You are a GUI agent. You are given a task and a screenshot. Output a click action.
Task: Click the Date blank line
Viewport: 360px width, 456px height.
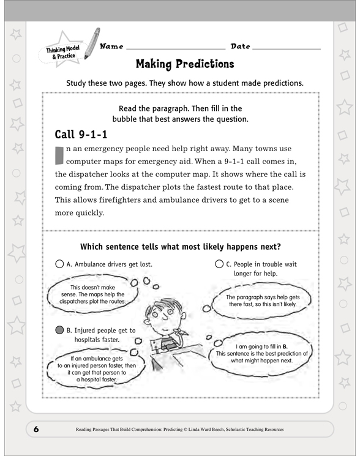[286, 48]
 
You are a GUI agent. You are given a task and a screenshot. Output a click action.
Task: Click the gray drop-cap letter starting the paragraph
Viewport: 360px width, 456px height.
[59, 156]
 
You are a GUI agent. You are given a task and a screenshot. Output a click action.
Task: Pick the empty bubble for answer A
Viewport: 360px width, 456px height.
[59, 264]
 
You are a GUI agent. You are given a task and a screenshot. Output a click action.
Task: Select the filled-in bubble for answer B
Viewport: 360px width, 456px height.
[59, 329]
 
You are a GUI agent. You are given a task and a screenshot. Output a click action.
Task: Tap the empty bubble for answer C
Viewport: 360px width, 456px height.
[219, 264]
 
